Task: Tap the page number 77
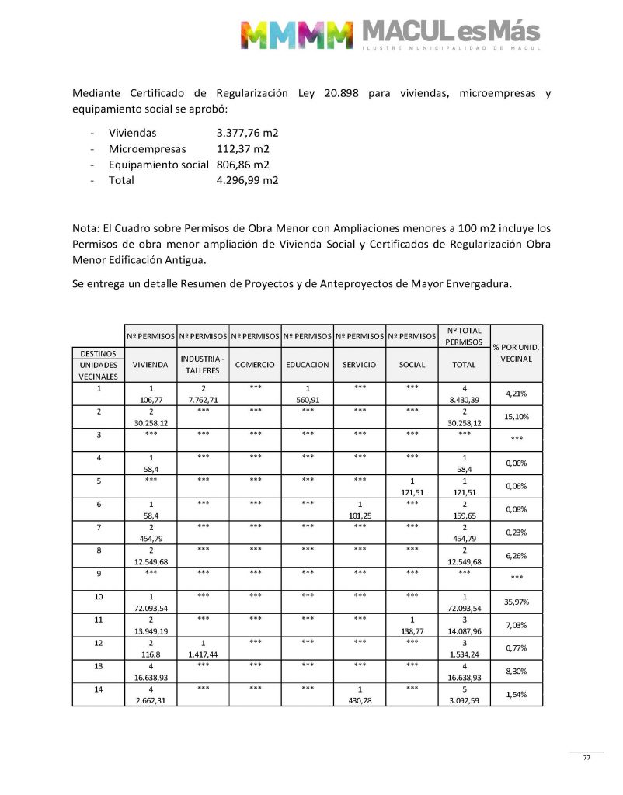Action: (587, 758)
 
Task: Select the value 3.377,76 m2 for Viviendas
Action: (248, 133)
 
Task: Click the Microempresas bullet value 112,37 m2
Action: (243, 148)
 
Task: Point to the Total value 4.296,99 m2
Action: (248, 180)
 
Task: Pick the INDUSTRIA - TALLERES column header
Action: (203, 364)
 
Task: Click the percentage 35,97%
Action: (517, 602)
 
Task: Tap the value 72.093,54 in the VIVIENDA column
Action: (151, 608)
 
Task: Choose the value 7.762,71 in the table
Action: (203, 400)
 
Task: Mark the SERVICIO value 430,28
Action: (360, 699)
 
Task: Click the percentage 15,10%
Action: (517, 416)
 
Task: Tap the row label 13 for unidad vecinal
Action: (99, 666)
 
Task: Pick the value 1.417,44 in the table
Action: (203, 654)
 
